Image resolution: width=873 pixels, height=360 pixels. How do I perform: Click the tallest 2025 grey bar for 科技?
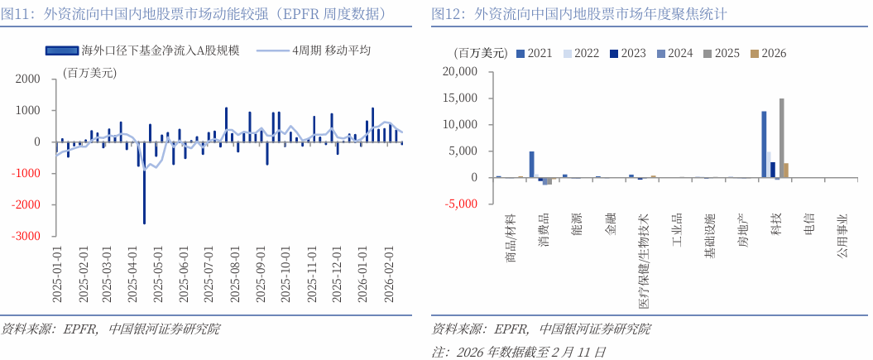[x=781, y=138]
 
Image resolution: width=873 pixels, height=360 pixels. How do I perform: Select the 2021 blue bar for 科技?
[x=764, y=145]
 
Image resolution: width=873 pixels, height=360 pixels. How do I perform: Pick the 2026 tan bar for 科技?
[x=786, y=170]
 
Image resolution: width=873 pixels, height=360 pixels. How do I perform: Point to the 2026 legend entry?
[x=768, y=53]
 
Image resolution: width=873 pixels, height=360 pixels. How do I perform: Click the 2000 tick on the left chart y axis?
[x=29, y=79]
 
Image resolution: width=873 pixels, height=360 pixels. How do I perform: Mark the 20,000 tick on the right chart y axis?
[x=460, y=72]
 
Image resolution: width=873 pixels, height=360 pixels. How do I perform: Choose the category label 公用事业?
[x=842, y=235]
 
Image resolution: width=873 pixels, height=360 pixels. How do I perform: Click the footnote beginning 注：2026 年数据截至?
[x=519, y=352]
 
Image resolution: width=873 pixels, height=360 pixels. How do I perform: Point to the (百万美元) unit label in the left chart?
[x=89, y=73]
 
